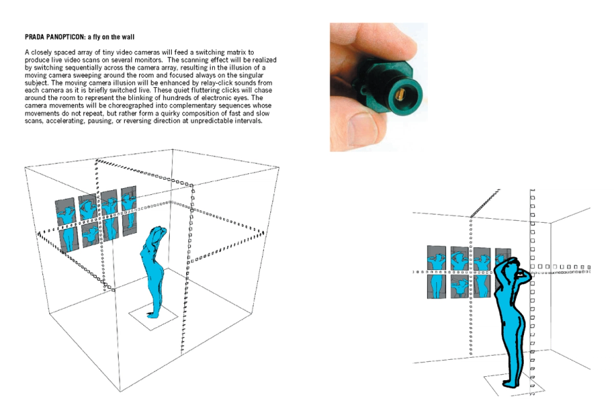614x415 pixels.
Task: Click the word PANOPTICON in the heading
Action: pyautogui.click(x=65, y=37)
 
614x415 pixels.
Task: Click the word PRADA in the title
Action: pyautogui.click(x=34, y=37)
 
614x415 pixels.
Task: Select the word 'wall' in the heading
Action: pyautogui.click(x=128, y=37)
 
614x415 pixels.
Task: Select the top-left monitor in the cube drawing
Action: pyautogui.click(x=65, y=213)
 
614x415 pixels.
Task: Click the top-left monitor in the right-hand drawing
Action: pyautogui.click(x=436, y=258)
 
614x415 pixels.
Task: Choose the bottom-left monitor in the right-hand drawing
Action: pyautogui.click(x=437, y=286)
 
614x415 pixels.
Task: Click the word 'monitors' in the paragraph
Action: pyautogui.click(x=148, y=60)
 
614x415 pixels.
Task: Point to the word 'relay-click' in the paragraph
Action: pyautogui.click(x=217, y=83)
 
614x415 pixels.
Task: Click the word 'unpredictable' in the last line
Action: pyautogui.click(x=214, y=121)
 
